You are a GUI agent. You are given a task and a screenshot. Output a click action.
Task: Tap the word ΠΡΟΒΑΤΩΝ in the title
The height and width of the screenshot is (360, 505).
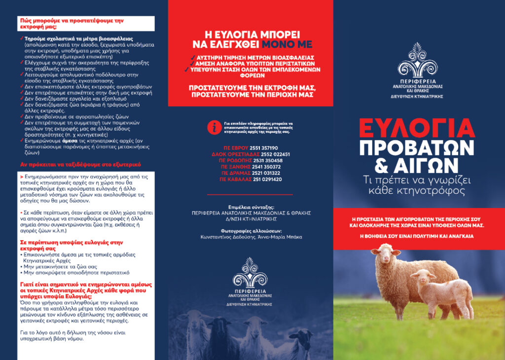(x=417, y=147)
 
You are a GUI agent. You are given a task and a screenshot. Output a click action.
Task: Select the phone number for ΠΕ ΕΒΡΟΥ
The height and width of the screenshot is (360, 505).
(x=263, y=148)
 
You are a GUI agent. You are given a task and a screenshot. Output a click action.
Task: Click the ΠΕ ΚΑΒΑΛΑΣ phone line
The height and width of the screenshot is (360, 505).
(x=251, y=180)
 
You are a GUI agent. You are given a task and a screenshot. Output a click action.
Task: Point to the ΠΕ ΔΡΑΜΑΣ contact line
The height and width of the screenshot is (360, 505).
(x=251, y=173)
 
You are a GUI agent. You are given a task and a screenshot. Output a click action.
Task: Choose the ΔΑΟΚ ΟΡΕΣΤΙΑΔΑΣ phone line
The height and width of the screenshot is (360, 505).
(x=251, y=154)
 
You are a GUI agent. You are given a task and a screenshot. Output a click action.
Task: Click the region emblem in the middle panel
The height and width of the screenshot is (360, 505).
(x=251, y=273)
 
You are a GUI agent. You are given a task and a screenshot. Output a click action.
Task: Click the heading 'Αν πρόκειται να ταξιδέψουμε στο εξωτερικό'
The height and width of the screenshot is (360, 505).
(x=81, y=164)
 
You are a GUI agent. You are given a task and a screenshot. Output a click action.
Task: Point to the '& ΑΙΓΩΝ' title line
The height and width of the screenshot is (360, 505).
(x=417, y=166)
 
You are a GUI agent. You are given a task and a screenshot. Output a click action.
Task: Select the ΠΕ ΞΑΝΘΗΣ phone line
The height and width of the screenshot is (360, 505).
(x=251, y=167)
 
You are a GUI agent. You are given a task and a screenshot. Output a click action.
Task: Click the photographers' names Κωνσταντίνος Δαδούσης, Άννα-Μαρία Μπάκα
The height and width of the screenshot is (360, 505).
(x=251, y=237)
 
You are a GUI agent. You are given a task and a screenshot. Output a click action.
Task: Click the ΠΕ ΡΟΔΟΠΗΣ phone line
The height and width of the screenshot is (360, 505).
(x=251, y=161)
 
